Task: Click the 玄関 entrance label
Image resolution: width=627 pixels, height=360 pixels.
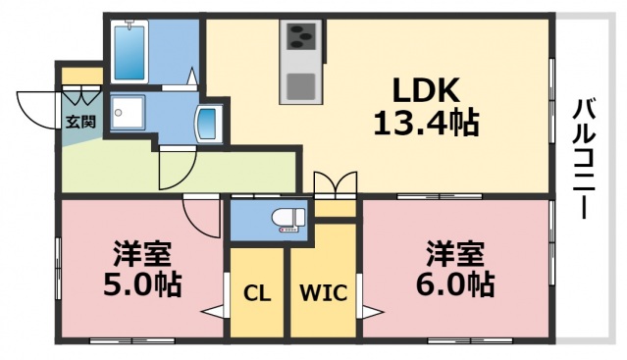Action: pyautogui.click(x=80, y=123)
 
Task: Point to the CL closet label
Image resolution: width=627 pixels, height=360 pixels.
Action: pyautogui.click(x=257, y=292)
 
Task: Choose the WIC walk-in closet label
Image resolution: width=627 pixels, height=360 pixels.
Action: pyautogui.click(x=323, y=292)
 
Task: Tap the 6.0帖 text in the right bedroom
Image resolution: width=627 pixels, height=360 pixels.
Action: pyautogui.click(x=454, y=285)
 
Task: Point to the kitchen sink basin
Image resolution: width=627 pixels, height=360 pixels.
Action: pyautogui.click(x=300, y=86)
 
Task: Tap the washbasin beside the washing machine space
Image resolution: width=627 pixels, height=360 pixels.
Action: pyautogui.click(x=210, y=123)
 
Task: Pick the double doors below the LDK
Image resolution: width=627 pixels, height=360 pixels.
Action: pyautogui.click(x=335, y=184)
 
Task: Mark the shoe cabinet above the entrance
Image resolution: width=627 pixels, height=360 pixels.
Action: pyautogui.click(x=81, y=75)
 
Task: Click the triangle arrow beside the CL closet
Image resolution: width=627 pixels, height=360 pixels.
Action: pyautogui.click(x=213, y=313)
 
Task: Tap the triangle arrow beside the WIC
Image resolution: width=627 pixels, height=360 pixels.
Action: pyautogui.click(x=371, y=313)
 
